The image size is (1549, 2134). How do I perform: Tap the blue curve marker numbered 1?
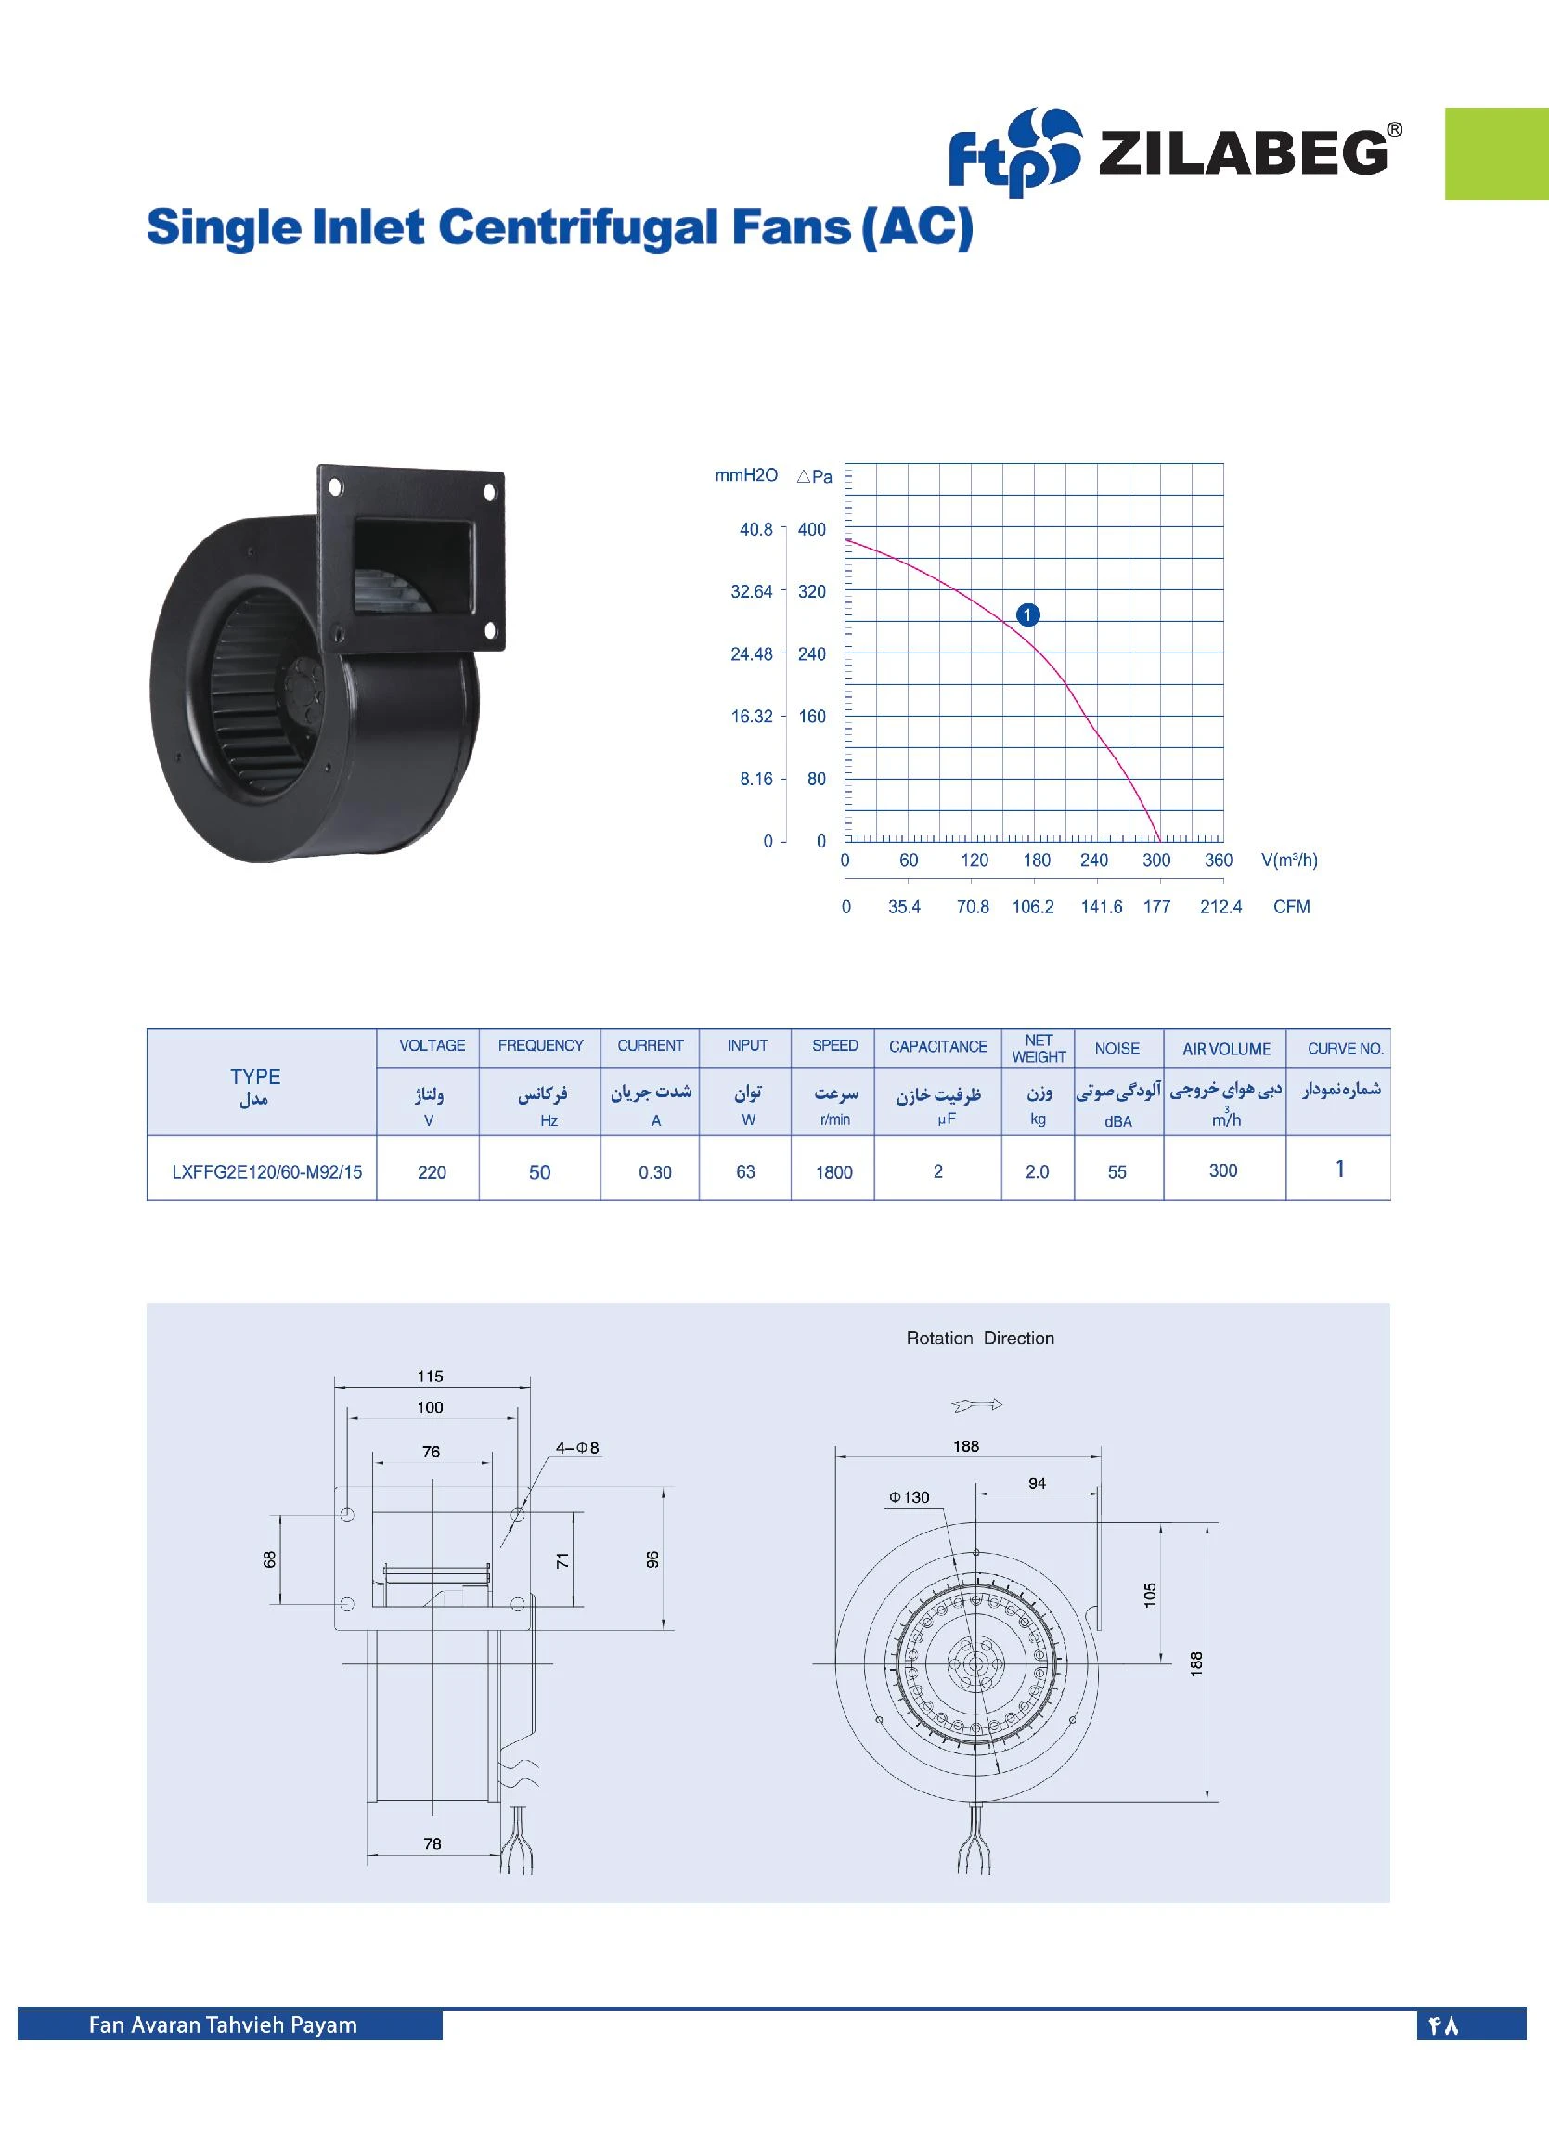(x=1027, y=614)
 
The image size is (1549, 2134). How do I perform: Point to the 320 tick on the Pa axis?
(x=811, y=592)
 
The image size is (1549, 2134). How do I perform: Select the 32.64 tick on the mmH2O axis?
(x=751, y=592)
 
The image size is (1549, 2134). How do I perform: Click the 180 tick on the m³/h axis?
(x=1036, y=860)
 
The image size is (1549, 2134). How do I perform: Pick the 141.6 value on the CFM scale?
(x=1101, y=907)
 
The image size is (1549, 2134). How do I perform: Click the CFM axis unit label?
(x=1291, y=907)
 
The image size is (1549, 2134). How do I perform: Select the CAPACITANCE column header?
(x=937, y=1046)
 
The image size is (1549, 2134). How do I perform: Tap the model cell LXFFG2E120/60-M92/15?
(x=266, y=1172)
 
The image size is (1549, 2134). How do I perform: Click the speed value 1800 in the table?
(x=833, y=1172)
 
